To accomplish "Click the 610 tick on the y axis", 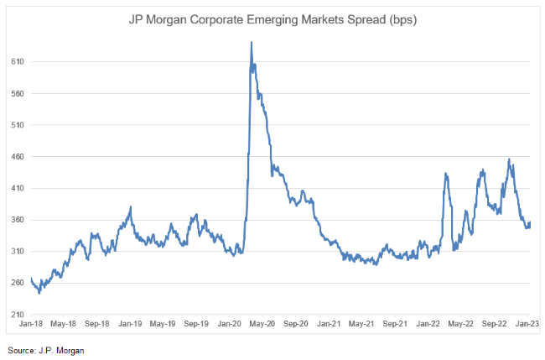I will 17,62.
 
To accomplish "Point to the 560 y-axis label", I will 17,94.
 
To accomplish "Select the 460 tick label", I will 17,157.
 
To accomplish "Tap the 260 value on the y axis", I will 17,283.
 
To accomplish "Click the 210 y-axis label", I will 17,315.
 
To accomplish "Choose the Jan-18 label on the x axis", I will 32,323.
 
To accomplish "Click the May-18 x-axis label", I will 65,323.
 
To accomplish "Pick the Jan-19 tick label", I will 130,323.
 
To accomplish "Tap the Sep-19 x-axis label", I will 195,323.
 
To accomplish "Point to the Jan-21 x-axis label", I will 329,323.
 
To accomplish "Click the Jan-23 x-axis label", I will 527,323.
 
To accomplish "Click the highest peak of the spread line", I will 252,42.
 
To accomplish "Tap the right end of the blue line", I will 530,222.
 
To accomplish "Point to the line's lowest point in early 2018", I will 39,293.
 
